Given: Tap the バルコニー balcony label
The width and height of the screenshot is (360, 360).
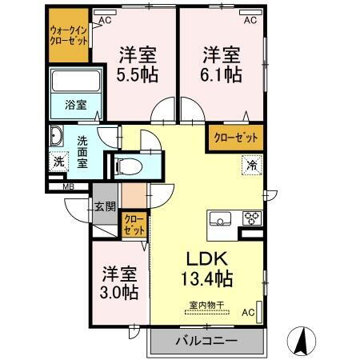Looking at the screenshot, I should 206,342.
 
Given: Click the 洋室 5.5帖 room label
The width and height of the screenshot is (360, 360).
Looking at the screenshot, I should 138,65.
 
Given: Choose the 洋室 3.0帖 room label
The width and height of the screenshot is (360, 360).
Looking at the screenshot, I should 118,283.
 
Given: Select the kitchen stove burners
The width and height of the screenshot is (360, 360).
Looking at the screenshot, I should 251,218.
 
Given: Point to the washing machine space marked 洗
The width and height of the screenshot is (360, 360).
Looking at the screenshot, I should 58,161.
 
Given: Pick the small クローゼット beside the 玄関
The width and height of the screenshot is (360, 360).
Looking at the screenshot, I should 134,225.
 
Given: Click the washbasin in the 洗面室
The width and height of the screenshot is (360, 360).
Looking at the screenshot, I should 57,134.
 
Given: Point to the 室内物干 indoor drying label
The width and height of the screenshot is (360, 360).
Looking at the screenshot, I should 207,304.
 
